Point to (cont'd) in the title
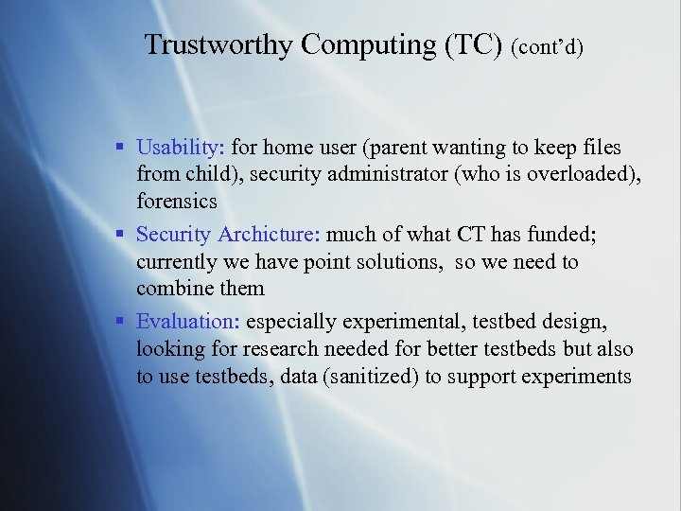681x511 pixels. [x=547, y=47]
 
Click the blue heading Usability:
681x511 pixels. [x=181, y=148]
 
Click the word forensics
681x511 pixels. [x=177, y=201]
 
